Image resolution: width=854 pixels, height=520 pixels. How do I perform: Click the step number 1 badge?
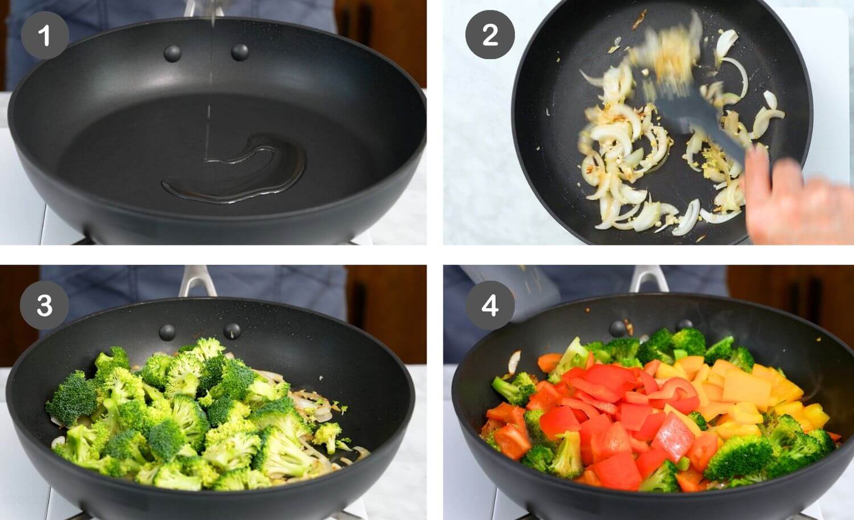pyautogui.click(x=44, y=36)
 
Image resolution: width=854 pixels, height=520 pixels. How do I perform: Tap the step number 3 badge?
pyautogui.click(x=44, y=306)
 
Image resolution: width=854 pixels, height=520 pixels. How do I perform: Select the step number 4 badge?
pyautogui.click(x=490, y=306)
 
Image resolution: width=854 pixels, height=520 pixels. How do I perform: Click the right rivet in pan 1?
pyautogui.click(x=240, y=52)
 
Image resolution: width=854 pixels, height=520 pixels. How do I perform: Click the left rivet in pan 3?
pyautogui.click(x=167, y=332)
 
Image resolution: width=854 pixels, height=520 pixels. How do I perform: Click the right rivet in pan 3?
pyautogui.click(x=232, y=331)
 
